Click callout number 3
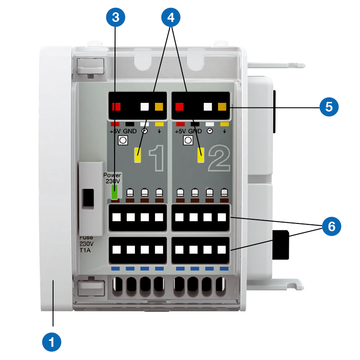119,18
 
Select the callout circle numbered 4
174,18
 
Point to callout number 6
327,228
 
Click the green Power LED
114,192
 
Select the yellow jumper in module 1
135,154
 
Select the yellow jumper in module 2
201,154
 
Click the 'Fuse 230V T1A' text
88,245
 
